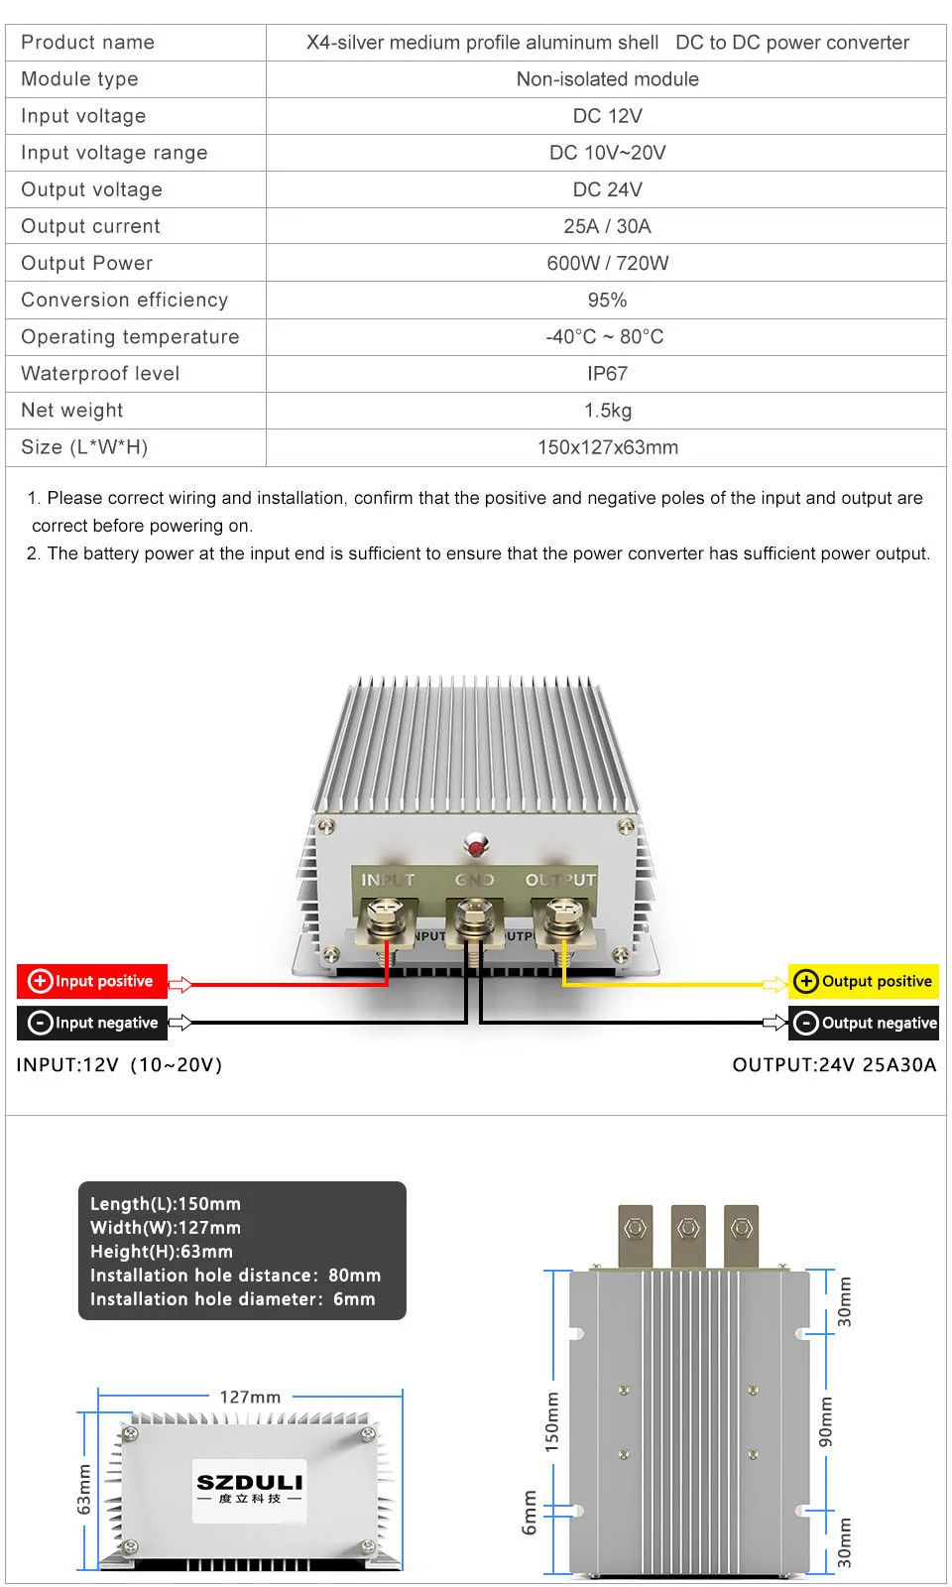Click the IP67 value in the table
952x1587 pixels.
coord(607,374)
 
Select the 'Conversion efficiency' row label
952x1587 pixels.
coord(124,300)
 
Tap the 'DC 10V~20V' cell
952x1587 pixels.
coord(607,153)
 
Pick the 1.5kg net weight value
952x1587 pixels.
coord(607,411)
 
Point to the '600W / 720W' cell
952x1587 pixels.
coord(607,263)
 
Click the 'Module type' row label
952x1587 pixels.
coord(79,79)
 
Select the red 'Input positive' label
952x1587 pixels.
coord(92,981)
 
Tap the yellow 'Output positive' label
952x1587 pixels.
coord(864,981)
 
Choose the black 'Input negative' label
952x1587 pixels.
coord(92,1023)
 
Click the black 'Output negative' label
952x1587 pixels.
coord(864,1023)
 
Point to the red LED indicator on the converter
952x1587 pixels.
coord(477,847)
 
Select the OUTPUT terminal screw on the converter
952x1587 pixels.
coord(563,913)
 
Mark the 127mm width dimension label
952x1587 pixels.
coord(250,1397)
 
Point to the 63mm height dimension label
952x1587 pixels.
coord(84,1489)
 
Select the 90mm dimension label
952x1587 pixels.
coord(826,1421)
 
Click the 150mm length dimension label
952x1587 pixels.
coord(552,1422)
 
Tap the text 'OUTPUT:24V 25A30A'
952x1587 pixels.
coord(834,1064)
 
